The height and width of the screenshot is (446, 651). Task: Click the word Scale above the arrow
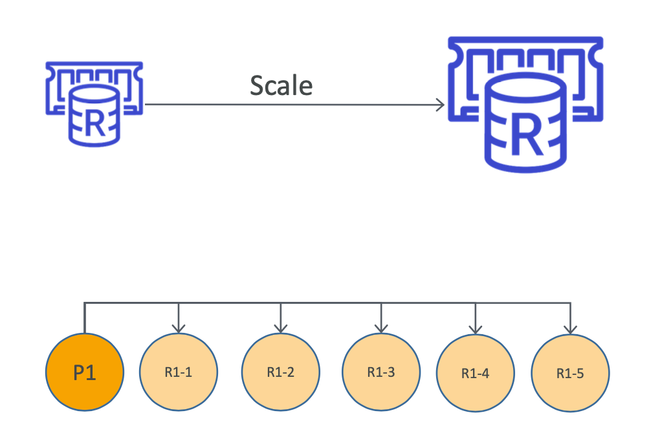281,86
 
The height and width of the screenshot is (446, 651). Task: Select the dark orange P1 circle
84,372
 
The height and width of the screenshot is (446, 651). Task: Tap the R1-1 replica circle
178,372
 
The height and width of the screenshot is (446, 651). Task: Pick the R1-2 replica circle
280,372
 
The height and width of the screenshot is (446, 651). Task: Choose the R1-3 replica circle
381,372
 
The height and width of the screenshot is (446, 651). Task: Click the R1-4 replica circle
476,373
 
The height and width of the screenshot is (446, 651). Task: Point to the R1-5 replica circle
569,373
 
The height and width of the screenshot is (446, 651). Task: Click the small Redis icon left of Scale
94,103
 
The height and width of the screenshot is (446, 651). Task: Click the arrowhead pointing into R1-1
178,328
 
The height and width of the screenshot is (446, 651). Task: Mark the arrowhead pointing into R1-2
280,328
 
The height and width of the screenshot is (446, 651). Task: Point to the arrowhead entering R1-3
381,328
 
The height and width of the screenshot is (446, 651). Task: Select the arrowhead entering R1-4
476,328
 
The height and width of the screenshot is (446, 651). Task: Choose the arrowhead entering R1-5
569,328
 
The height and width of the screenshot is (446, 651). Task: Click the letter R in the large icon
525,136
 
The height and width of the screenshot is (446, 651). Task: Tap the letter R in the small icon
94,124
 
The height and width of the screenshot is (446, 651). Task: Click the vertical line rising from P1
85,318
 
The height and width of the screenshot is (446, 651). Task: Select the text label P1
84,373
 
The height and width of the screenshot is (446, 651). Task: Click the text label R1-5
569,373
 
